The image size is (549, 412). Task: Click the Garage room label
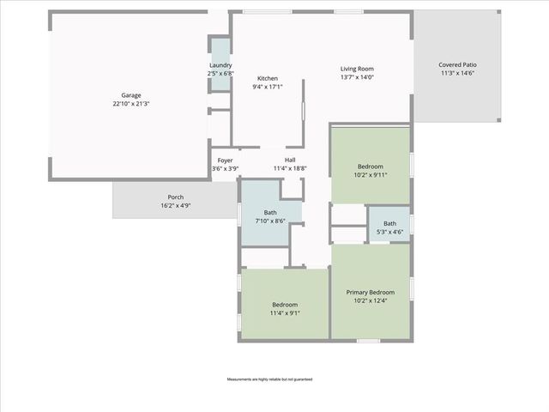[130, 95]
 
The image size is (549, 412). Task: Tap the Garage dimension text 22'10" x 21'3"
[130, 105]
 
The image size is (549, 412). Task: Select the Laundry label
[220, 65]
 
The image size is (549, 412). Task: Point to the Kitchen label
[268, 78]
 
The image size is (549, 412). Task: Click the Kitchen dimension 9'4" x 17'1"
[268, 87]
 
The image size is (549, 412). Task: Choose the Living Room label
[357, 69]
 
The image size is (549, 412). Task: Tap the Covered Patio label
[457, 64]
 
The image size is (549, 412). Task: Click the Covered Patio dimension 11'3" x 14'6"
[457, 74]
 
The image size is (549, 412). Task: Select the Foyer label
[225, 160]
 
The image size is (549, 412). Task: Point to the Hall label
[290, 160]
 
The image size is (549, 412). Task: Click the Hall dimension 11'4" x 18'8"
[290, 169]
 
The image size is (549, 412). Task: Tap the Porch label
[175, 197]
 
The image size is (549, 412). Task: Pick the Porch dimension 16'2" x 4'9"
[175, 207]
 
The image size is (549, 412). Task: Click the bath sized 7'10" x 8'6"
[270, 217]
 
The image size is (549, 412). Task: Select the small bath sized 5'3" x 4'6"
[389, 227]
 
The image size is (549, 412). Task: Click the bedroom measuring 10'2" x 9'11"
[371, 170]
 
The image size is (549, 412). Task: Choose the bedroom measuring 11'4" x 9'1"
[285, 309]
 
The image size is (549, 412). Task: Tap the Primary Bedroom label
[371, 292]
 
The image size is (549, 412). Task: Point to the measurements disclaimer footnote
[269, 379]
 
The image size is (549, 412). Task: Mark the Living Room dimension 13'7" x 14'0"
[357, 78]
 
